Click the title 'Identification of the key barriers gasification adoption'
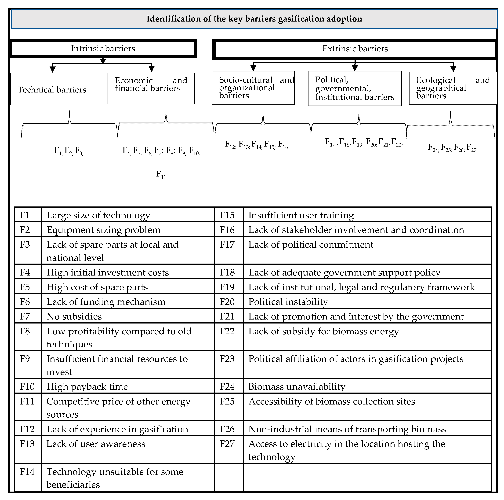(x=254, y=19)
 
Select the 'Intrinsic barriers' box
(x=103, y=48)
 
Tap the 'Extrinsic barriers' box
(x=355, y=49)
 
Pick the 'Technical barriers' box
(x=54, y=89)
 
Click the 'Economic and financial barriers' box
(x=151, y=88)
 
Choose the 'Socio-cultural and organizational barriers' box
(x=253, y=88)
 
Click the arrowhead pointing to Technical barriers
(x=52, y=69)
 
